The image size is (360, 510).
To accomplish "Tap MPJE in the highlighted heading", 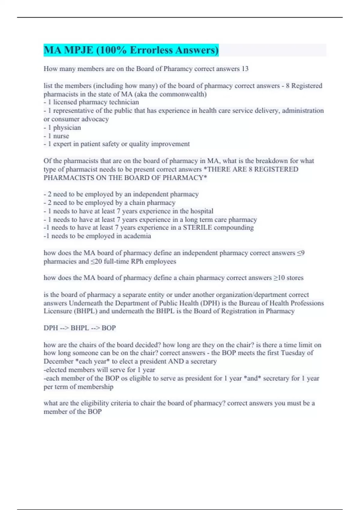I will pyautogui.click(x=79, y=50).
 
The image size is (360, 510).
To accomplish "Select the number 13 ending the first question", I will pyautogui.click(x=245, y=69).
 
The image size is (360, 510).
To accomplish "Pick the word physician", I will pyautogui.click(x=67, y=127).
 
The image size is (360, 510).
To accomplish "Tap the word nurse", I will pyautogui.click(x=61, y=136).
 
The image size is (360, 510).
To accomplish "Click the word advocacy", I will pyautogui.click(x=95, y=119).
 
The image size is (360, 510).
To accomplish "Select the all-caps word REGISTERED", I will pyautogui.click(x=276, y=169).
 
